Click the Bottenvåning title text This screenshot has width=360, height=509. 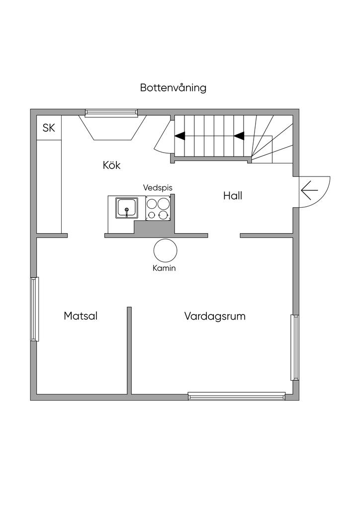pos(173,87)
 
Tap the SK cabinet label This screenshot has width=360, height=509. pos(49,128)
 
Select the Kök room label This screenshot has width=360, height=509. pos(112,165)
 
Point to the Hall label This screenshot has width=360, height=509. pos(233,196)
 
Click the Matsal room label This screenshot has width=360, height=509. pos(81,316)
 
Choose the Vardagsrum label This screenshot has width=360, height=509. pos(215,316)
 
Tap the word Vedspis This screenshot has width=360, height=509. pos(158,187)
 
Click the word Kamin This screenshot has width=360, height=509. pos(164,268)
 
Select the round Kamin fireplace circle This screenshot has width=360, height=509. pos(166,239)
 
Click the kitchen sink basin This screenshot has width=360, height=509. pos(127,208)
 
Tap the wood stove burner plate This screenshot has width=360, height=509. pos(158,208)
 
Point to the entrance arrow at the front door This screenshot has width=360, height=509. pos(309,190)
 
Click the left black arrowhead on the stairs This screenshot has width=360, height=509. pos(180,136)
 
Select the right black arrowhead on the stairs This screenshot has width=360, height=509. pos(239,136)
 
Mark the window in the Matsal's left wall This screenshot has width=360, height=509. pos(35,309)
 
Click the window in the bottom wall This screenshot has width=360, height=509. pos(237,396)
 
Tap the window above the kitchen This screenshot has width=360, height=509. pos(111,113)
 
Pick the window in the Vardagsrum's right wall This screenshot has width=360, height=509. pos(295,347)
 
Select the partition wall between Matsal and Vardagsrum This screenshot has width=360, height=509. pos(129,350)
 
